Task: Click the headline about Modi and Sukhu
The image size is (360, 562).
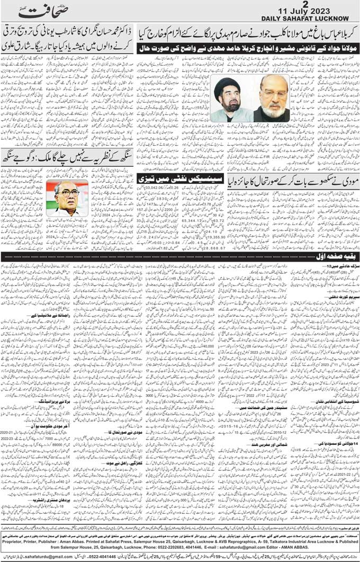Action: coord(293,180)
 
